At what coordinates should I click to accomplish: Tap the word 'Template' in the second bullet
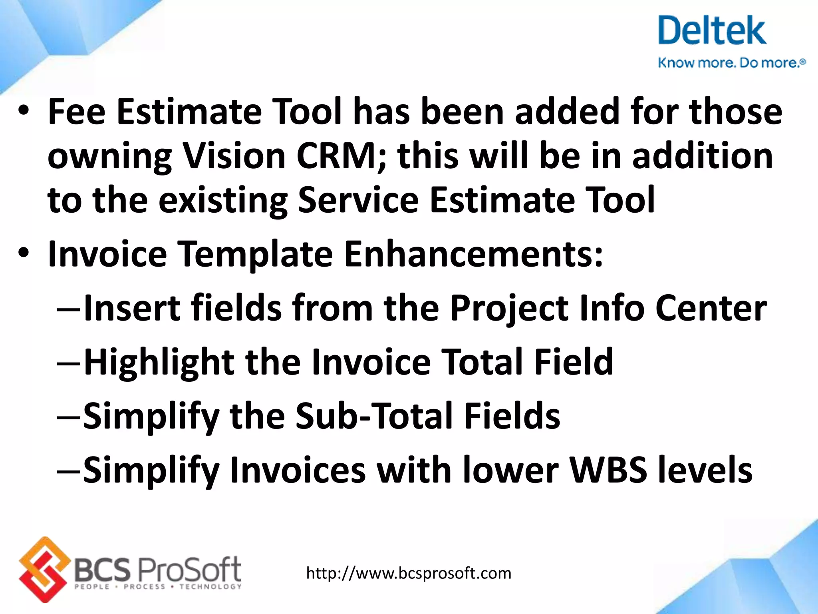255,254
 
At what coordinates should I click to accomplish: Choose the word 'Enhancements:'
473,254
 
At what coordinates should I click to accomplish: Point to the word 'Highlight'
159,363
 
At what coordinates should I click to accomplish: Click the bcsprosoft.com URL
409,573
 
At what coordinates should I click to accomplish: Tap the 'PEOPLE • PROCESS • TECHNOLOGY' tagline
158,587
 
